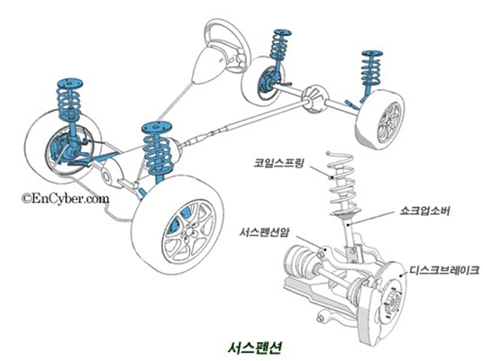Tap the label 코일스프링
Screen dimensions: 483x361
click(279, 163)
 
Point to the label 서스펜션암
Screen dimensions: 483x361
click(265, 232)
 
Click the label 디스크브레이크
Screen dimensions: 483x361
click(444, 270)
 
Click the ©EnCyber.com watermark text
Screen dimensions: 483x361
click(65, 198)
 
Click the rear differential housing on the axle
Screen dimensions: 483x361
click(314, 98)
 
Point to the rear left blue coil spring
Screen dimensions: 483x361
click(280, 46)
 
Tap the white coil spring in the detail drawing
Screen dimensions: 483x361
click(342, 185)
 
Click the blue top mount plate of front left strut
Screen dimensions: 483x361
click(70, 84)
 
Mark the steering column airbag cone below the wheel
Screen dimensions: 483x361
click(209, 65)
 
